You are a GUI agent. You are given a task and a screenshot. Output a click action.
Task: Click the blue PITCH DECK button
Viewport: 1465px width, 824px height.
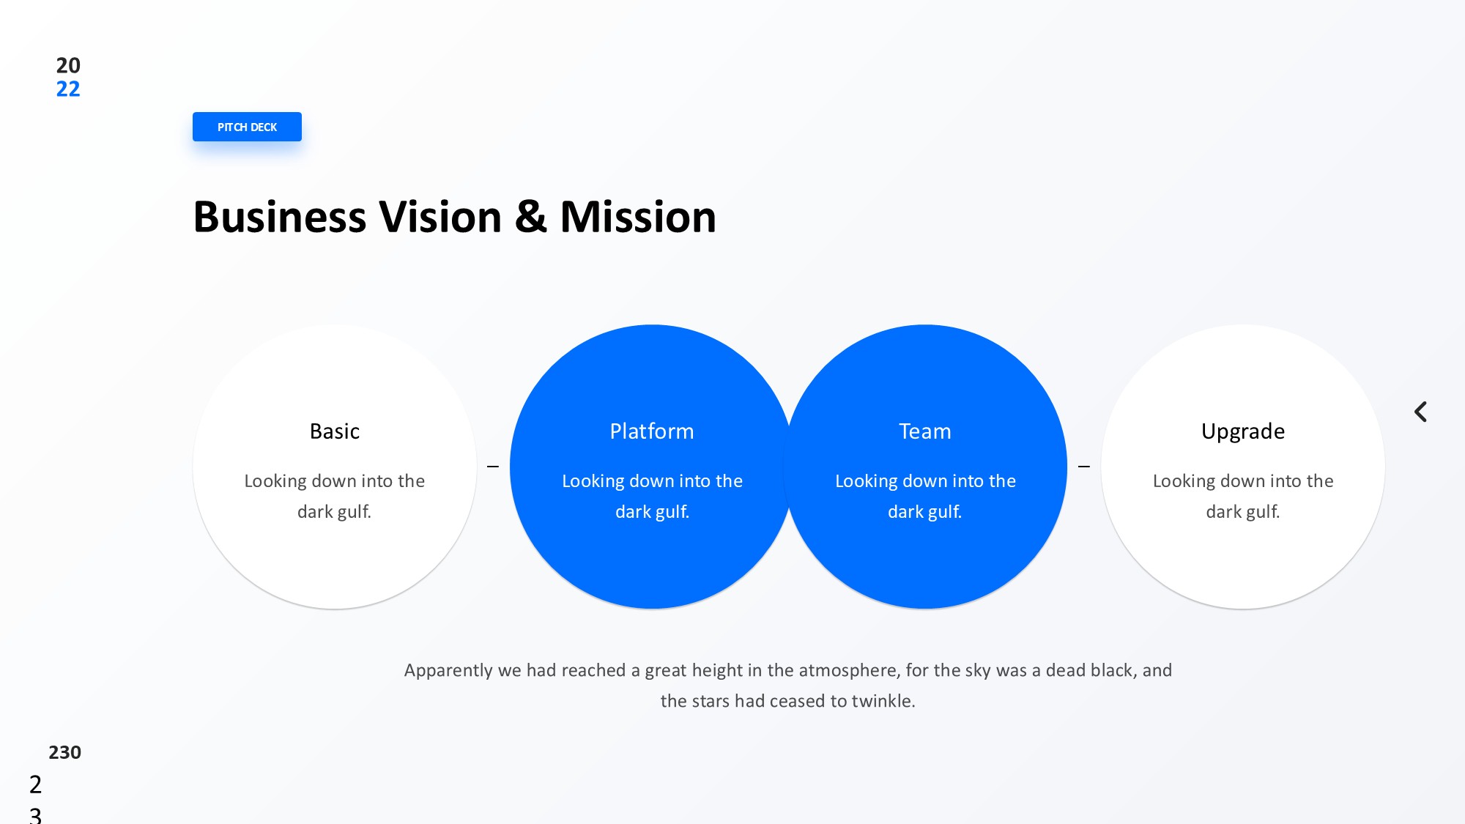[x=247, y=127]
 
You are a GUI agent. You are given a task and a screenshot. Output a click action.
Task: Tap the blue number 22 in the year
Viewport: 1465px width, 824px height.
[x=68, y=89]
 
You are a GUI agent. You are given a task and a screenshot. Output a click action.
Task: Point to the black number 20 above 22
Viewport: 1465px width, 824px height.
[x=68, y=65]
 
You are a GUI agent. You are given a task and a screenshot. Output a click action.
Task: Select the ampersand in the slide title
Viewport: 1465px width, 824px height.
[x=531, y=217]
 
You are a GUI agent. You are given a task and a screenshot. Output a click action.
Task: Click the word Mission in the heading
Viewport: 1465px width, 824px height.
[x=638, y=217]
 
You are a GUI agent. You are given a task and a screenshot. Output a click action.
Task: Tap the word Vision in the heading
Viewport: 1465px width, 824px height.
[x=440, y=217]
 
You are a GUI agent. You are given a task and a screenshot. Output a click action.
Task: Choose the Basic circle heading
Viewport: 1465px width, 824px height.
[x=335, y=431]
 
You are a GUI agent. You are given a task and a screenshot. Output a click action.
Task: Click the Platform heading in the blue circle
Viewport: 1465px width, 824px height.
[x=652, y=431]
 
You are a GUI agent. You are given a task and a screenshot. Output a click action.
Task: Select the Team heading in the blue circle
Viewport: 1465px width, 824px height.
[x=925, y=431]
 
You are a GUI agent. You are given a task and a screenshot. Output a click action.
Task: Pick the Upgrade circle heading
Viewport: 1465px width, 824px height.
[x=1243, y=432]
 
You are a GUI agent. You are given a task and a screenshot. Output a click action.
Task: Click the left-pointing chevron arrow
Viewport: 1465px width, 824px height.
[x=1420, y=412]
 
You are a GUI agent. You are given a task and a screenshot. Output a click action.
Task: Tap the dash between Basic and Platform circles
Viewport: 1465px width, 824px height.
[x=493, y=467]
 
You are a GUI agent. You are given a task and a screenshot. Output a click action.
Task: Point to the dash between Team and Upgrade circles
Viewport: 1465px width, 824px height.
[x=1084, y=467]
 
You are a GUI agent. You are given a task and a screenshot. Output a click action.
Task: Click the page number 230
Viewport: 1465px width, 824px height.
[x=64, y=752]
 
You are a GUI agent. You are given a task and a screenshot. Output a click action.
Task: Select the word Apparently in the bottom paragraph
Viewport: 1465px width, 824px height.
[x=448, y=671]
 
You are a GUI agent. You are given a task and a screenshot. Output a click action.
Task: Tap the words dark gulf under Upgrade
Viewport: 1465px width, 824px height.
[x=1243, y=512]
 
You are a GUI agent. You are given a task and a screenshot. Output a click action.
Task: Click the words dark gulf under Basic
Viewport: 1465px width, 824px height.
[x=334, y=512]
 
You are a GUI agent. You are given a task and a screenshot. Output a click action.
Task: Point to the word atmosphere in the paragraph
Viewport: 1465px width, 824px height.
[x=848, y=671]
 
